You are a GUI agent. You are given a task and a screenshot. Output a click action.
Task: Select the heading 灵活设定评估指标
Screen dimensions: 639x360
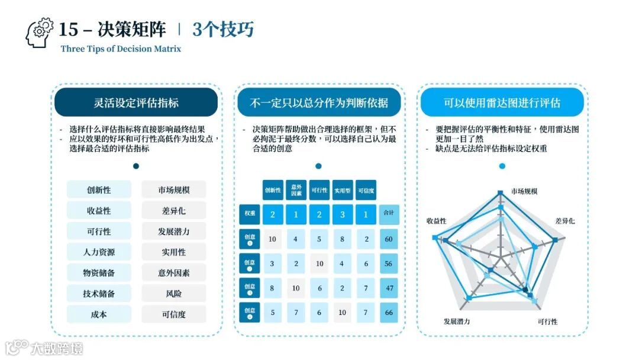(136, 102)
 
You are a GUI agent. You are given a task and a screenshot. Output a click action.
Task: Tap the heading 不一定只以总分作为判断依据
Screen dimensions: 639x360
(319, 102)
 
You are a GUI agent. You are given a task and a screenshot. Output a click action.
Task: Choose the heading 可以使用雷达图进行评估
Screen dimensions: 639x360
(502, 102)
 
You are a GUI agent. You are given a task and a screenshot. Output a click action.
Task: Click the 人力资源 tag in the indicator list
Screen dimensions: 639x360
(99, 252)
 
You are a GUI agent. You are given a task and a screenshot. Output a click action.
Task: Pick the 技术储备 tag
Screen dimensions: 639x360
(99, 294)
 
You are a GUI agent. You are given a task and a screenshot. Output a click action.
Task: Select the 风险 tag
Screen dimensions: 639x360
(174, 294)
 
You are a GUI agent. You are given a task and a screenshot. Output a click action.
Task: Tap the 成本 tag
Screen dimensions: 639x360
(99, 314)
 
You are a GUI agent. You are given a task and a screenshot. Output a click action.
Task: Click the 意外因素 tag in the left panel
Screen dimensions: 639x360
(174, 273)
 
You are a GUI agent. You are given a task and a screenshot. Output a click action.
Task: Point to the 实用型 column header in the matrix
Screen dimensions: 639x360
(343, 190)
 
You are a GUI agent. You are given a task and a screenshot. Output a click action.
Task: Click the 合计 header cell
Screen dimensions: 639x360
(389, 214)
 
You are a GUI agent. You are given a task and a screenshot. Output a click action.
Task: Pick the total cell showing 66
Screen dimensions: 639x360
(389, 312)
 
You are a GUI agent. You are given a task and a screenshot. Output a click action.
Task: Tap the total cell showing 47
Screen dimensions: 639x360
(389, 288)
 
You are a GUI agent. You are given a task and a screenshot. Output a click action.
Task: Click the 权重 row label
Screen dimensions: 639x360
(249, 214)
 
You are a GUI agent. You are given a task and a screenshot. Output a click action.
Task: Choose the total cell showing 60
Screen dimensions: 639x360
(389, 239)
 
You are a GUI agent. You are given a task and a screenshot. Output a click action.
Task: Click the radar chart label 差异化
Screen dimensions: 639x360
(564, 221)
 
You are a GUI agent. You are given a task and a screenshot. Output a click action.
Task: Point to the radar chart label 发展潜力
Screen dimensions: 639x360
(457, 322)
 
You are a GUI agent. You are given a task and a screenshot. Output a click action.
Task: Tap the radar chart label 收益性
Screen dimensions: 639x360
(436, 221)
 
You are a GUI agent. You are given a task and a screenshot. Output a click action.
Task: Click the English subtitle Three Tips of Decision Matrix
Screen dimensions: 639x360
(121, 49)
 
